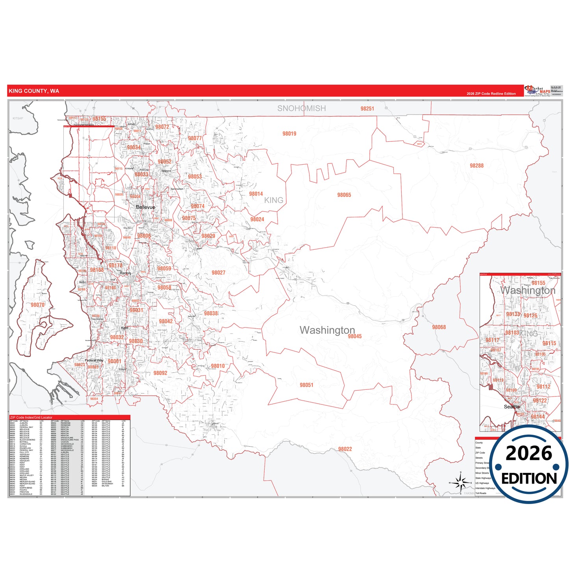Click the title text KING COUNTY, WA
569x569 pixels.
point(34,91)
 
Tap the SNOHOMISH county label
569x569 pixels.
point(301,108)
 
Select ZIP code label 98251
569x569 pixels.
point(367,109)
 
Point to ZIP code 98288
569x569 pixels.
point(476,166)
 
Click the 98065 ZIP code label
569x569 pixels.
point(344,195)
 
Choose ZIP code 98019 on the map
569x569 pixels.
point(289,134)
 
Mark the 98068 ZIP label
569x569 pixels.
point(439,327)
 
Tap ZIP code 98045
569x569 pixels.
point(354,336)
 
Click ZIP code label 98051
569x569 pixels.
point(306,385)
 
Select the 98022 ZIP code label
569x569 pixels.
point(345,449)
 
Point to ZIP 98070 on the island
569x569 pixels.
point(37,305)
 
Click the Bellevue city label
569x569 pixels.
point(145,207)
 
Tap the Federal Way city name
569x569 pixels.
point(94,360)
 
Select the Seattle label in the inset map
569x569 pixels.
point(512,407)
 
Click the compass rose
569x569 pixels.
point(460,482)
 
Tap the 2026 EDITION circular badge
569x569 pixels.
point(529,465)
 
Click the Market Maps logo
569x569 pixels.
point(537,91)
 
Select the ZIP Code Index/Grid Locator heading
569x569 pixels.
point(31,417)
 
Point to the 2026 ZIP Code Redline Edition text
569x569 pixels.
point(491,94)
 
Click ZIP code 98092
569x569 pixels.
point(160,373)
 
